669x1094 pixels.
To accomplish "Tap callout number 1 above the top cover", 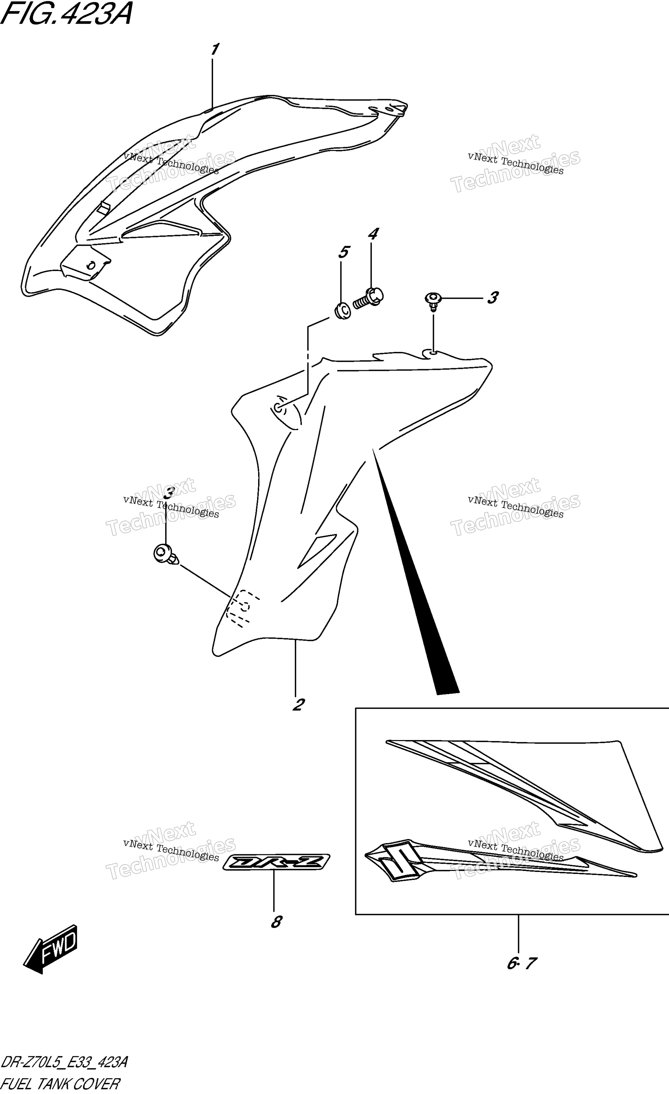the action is point(215,49).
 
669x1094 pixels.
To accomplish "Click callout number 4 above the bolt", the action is point(373,234).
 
